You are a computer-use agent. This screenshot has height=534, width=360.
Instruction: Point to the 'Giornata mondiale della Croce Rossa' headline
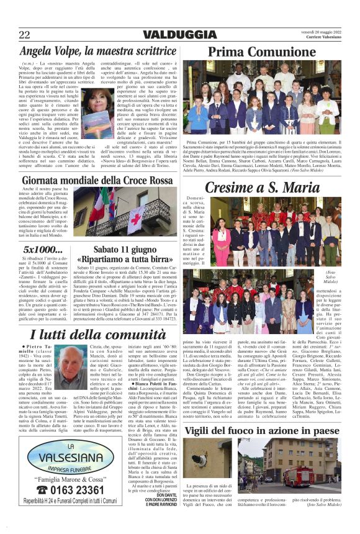(96, 181)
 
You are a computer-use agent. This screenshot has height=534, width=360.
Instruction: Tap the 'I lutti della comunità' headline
(96, 335)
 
